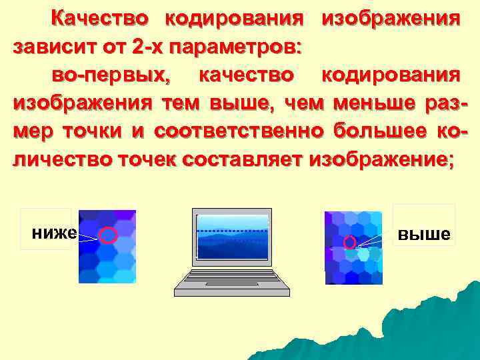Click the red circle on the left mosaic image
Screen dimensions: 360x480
point(109,235)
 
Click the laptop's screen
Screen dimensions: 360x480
point(233,237)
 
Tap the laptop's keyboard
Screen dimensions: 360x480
point(231,281)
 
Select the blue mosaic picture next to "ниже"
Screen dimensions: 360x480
point(107,247)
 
